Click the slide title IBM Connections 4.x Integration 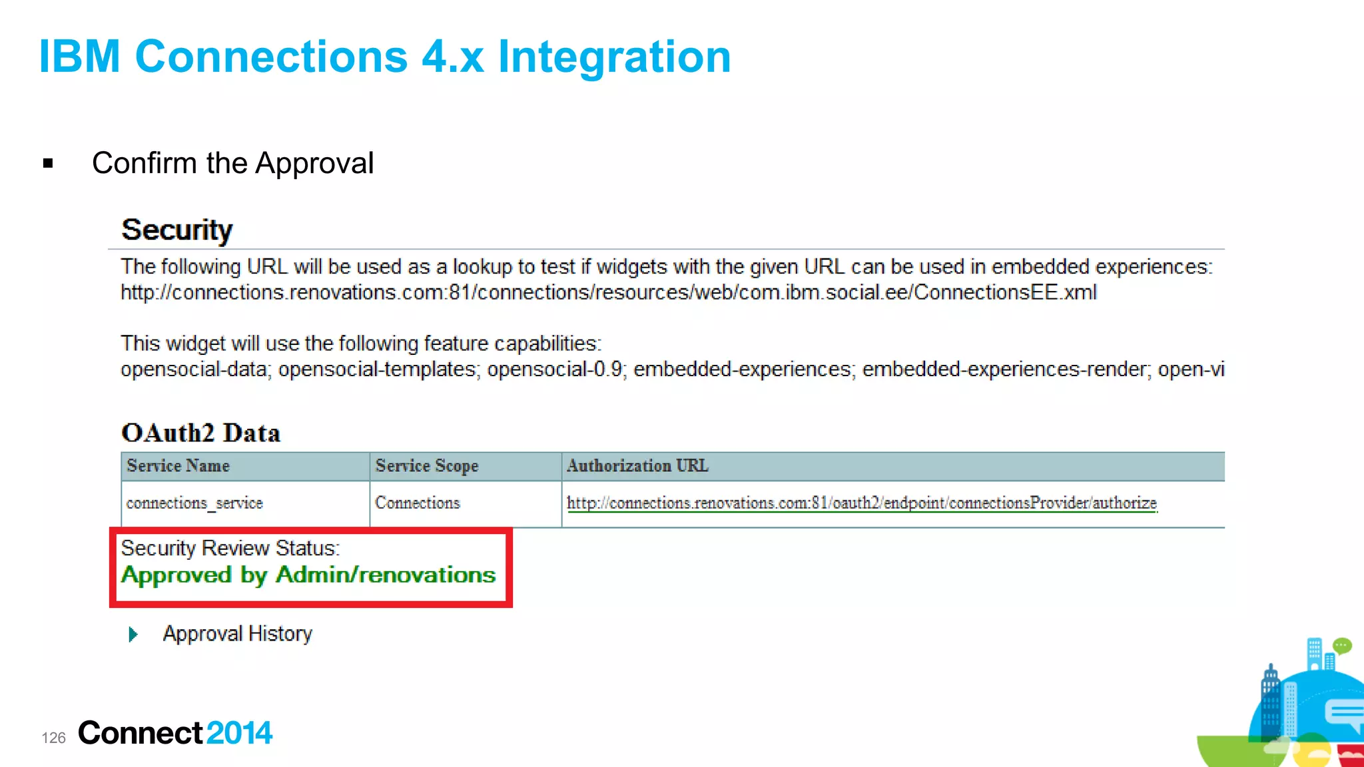(385, 56)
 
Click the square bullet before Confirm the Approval (48, 163)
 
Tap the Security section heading (176, 230)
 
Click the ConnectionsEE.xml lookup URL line (608, 292)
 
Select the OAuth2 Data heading (200, 433)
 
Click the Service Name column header (178, 465)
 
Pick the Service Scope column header (426, 465)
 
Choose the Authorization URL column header (637, 465)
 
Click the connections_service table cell (194, 503)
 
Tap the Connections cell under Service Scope (418, 503)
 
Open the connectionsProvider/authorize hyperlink (861, 503)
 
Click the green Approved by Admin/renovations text (308, 575)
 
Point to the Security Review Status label (230, 548)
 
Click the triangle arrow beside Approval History (133, 634)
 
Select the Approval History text (237, 633)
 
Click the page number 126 (53, 738)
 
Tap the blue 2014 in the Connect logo (239, 733)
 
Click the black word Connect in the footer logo (140, 733)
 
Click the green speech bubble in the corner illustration (1342, 645)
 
